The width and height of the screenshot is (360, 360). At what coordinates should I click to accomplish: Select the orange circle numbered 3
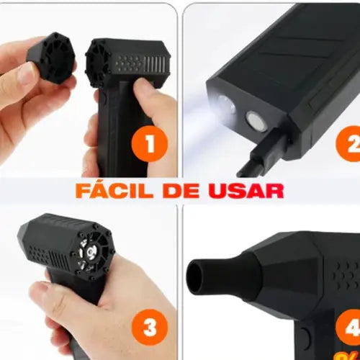tap(149, 328)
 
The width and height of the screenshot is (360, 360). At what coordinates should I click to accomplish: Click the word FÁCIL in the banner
tap(114, 192)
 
